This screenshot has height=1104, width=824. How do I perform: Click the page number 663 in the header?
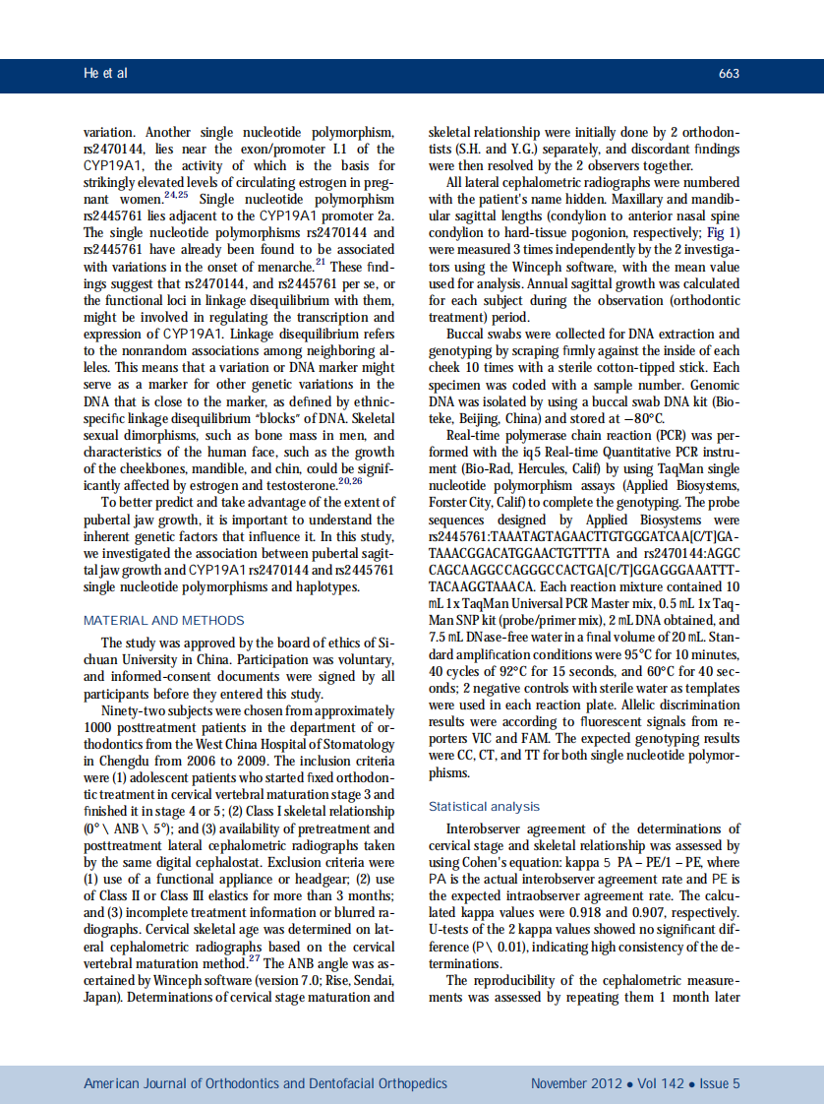pos(729,74)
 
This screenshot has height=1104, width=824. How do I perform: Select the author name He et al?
pos(105,74)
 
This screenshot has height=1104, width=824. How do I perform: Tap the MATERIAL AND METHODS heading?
pos(164,621)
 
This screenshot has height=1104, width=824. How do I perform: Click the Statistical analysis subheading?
pos(484,806)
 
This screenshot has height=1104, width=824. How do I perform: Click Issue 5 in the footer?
pos(720,1083)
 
